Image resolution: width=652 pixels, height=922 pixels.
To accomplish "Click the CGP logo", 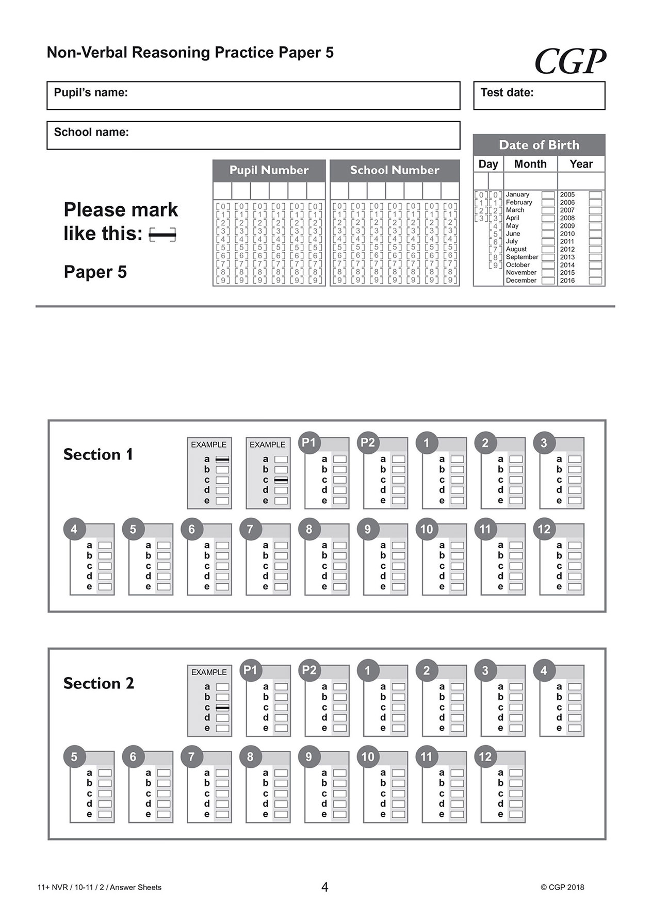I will pyautogui.click(x=570, y=61).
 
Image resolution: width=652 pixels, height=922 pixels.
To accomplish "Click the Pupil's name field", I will pyautogui.click(x=253, y=95).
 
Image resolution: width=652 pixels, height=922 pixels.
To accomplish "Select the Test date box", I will pyautogui.click(x=539, y=95).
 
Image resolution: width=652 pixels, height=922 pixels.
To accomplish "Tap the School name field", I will pyautogui.click(x=253, y=135).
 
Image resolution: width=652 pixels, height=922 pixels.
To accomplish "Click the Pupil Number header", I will pyautogui.click(x=269, y=170).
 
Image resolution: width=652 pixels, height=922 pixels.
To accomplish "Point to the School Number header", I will pyautogui.click(x=394, y=170).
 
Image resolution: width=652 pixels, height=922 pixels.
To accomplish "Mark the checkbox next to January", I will pyautogui.click(x=548, y=195).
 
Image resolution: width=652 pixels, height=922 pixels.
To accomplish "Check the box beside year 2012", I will pyautogui.click(x=595, y=250).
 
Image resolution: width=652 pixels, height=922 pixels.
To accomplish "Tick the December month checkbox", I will pyautogui.click(x=548, y=281).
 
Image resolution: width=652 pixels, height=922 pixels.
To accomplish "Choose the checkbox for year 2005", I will pyautogui.click(x=595, y=195).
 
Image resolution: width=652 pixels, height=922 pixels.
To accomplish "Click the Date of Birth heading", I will pyautogui.click(x=539, y=145).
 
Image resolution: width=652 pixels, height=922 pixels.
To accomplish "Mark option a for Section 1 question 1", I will pyautogui.click(x=457, y=459).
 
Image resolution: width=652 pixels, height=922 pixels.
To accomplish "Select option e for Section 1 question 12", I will pyautogui.click(x=575, y=587).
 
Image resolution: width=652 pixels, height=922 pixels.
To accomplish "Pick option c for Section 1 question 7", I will pyautogui.click(x=281, y=566).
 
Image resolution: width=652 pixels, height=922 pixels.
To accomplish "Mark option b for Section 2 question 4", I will pyautogui.click(x=575, y=697).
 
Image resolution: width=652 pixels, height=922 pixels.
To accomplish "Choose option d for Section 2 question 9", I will pyautogui.click(x=339, y=804).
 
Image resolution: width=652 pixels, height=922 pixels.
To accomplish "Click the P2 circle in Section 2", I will pyautogui.click(x=309, y=670).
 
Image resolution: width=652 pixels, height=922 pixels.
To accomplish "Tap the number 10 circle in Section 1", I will pyautogui.click(x=427, y=529).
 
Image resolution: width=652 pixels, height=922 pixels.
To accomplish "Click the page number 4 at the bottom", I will pyautogui.click(x=324, y=887).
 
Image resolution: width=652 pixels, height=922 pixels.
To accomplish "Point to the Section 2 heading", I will pyautogui.click(x=99, y=683).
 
